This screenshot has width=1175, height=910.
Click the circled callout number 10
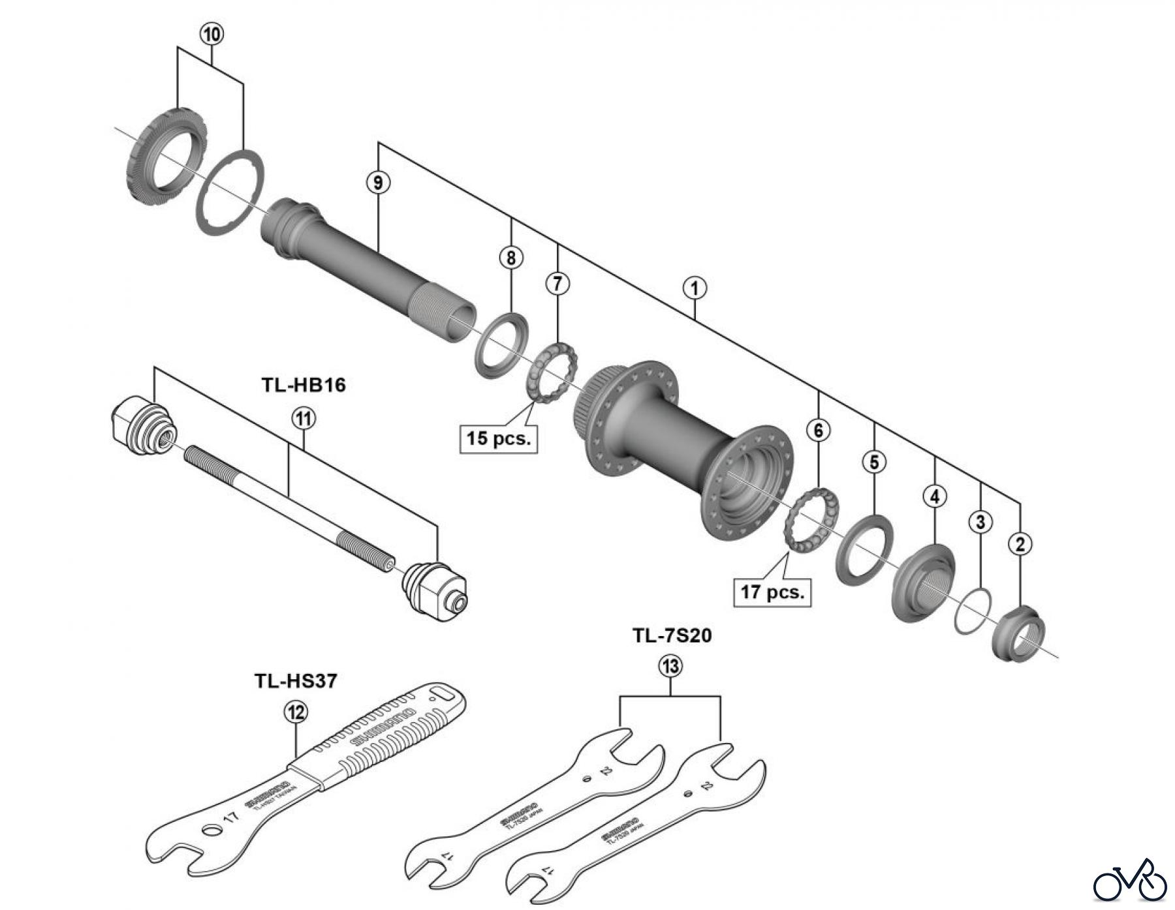coord(211,34)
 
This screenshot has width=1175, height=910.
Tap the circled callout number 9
coord(379,183)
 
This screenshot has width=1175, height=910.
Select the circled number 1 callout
coord(695,288)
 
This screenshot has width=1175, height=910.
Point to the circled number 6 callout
coord(819,430)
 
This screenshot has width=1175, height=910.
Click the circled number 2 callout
coord(1020,543)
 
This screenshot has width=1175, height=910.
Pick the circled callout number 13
coord(670,666)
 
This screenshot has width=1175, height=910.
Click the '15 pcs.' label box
coord(498,438)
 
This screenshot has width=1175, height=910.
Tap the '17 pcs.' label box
coord(772,592)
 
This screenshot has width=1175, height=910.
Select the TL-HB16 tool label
coord(304,385)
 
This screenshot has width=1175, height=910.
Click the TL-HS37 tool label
coord(296,681)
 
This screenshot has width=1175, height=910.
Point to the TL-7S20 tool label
coord(672,635)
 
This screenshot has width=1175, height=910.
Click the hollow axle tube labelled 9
coord(366,261)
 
